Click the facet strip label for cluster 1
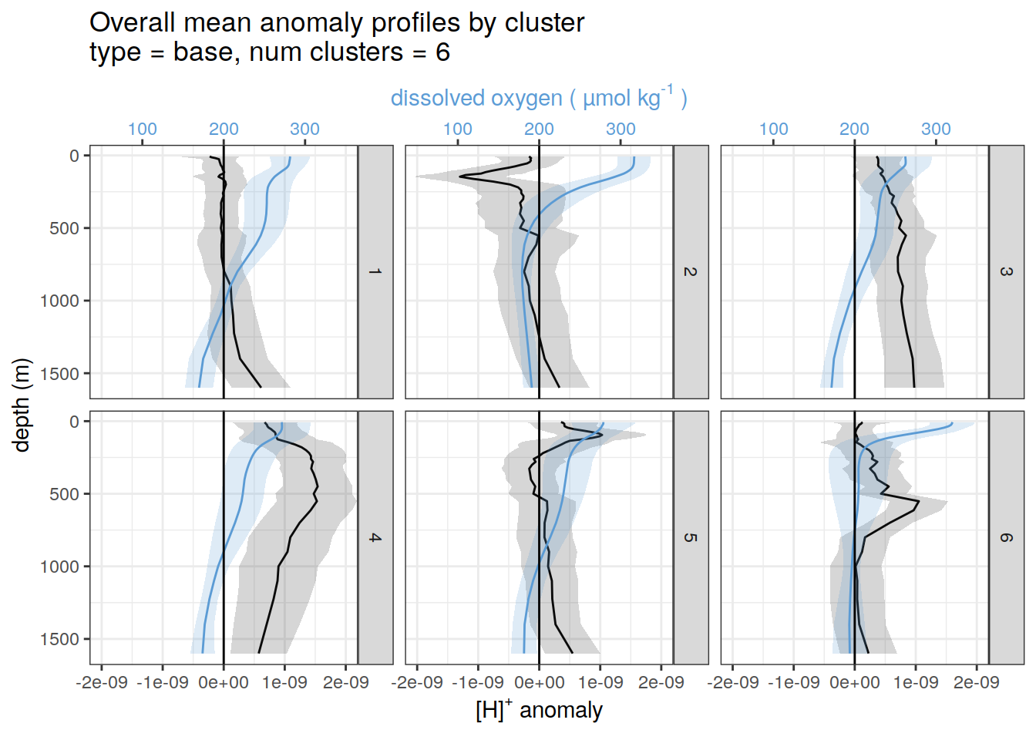375,271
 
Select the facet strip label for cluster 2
690,271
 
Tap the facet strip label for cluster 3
1006,271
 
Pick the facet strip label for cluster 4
375,537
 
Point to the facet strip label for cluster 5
690,537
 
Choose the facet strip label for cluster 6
1006,537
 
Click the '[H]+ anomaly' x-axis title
539,709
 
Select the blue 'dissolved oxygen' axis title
538,98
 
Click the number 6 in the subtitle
442,52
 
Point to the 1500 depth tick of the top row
59,374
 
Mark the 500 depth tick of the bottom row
64,494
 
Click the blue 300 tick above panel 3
936,129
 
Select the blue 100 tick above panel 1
142,129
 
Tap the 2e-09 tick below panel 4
346,683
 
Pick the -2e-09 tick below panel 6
733,683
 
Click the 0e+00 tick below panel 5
539,683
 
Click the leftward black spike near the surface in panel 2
460,177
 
